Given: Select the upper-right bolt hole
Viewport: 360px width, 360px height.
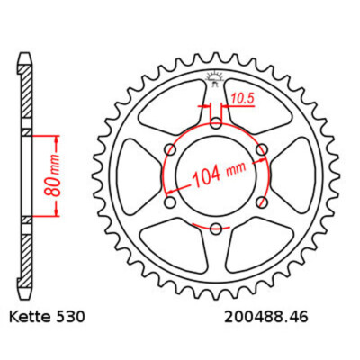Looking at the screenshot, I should [260, 148].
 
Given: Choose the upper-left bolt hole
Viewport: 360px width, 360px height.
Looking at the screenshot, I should [172, 148].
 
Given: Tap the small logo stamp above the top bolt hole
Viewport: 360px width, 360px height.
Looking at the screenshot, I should [216, 76].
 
